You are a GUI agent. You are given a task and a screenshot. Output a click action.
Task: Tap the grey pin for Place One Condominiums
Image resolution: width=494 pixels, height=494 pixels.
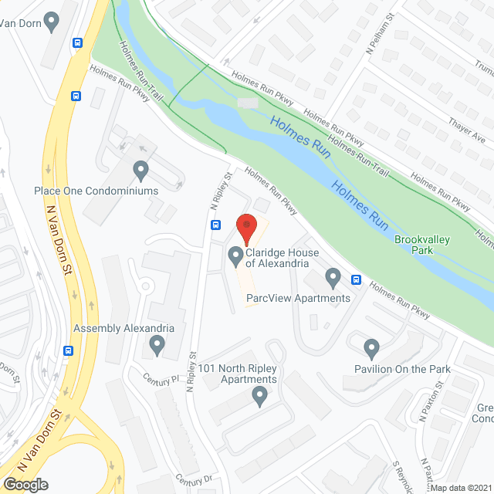pos(140,169)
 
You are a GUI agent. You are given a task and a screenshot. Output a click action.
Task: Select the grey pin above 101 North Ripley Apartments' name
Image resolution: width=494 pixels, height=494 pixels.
pos(259,398)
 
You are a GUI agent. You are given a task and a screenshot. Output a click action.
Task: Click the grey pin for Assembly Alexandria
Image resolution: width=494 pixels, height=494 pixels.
pos(157,345)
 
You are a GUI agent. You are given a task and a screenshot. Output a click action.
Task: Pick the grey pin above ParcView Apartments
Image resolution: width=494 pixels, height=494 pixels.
pos(333,276)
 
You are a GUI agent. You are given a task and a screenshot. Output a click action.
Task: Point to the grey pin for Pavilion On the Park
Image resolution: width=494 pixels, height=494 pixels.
pos(372,347)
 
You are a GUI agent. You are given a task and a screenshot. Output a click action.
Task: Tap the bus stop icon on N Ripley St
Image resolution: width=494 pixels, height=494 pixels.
pos(216,226)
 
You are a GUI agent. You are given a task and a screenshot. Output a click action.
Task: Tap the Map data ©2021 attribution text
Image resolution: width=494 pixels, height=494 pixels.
pos(460,488)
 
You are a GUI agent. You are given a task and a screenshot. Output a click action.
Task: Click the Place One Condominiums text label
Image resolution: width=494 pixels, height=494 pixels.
pos(96,191)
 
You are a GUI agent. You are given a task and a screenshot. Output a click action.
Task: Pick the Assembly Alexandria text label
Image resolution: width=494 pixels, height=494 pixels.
pos(123,328)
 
